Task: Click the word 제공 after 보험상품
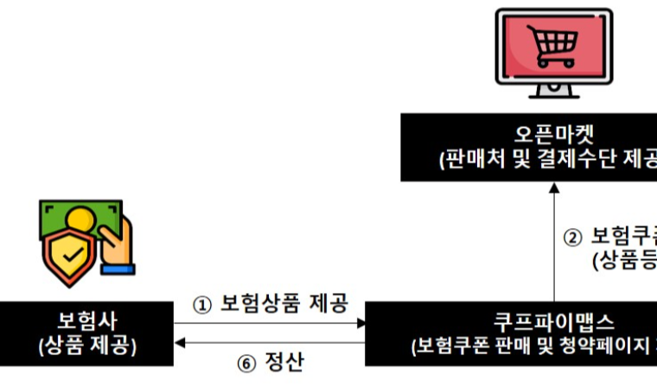(x=329, y=304)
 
